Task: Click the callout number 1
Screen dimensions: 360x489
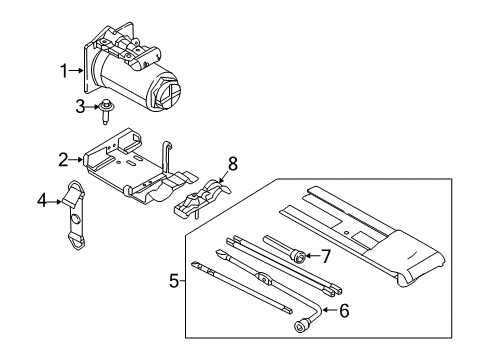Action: point(65,70)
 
